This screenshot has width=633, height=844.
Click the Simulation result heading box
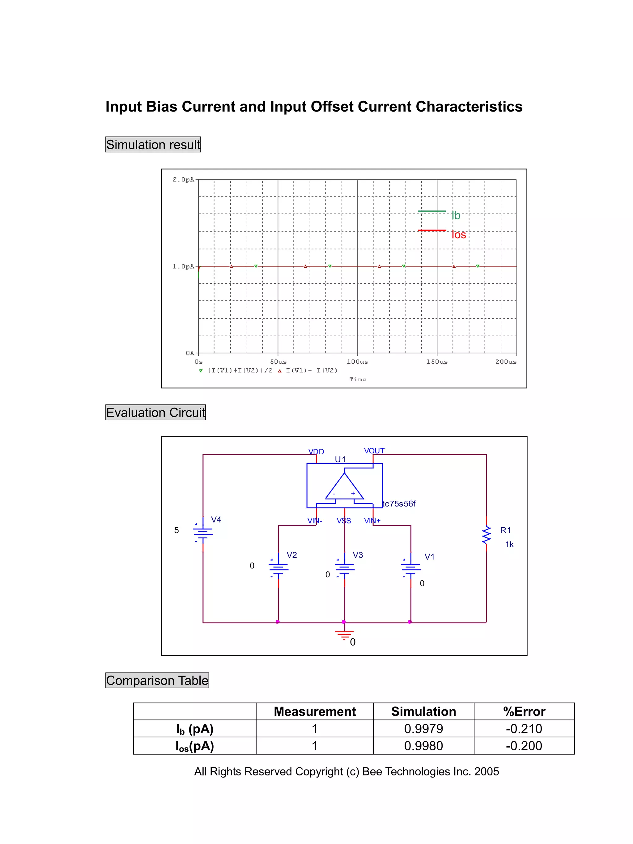tap(153, 145)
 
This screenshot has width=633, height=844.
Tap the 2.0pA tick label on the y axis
tap(183, 179)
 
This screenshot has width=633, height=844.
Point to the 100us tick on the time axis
tap(357, 361)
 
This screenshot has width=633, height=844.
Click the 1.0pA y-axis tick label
tap(183, 266)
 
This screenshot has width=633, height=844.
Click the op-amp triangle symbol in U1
tap(344, 488)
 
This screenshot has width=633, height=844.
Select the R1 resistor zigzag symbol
tap(486, 535)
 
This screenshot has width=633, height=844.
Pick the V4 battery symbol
tap(203, 532)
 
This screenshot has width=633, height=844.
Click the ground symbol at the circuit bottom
tap(344, 634)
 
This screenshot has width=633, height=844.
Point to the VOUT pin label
tap(374, 451)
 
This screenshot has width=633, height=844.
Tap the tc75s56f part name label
tap(399, 504)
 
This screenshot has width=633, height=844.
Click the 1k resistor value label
tap(509, 545)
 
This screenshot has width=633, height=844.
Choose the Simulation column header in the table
tap(423, 712)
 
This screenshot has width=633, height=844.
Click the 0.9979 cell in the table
tap(423, 729)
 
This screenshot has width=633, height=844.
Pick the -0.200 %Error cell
tap(524, 746)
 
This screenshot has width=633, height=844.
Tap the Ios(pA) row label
tap(195, 746)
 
